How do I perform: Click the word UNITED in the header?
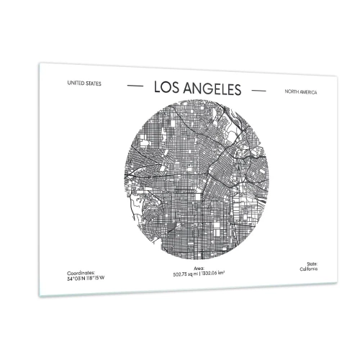(x=74, y=82)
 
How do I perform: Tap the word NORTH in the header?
(x=293, y=92)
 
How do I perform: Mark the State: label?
(x=309, y=264)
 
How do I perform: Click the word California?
(x=308, y=268)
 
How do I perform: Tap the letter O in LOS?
(x=166, y=88)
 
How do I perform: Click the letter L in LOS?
(x=157, y=87)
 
